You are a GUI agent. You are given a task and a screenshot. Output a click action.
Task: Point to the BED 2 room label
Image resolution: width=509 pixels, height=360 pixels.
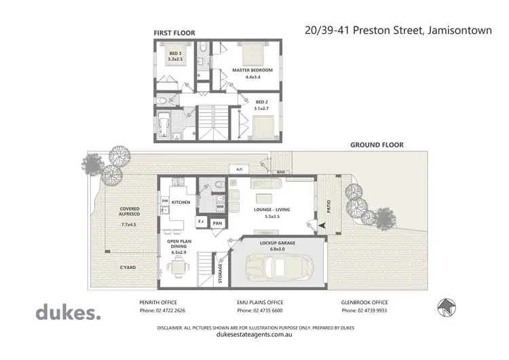[261, 104]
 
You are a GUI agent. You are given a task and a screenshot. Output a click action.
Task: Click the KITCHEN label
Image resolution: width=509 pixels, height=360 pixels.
[180, 202]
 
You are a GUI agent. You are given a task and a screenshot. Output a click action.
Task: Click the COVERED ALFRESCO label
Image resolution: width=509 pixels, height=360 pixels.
[129, 212]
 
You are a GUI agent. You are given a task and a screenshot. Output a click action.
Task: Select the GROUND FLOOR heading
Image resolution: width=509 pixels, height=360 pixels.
[377, 145]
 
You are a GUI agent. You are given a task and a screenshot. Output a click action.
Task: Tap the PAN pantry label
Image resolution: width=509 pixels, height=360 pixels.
[218, 222]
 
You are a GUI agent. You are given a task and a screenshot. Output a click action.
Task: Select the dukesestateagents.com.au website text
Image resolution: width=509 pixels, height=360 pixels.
[254, 334]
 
